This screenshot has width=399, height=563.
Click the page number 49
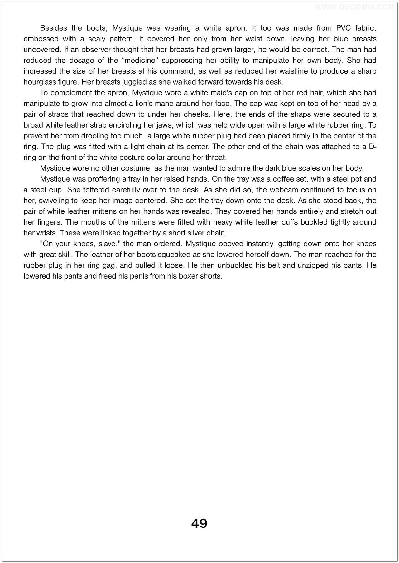click(x=199, y=523)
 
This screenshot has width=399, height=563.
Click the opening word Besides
click(x=53, y=28)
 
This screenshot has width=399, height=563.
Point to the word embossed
click(x=41, y=39)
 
